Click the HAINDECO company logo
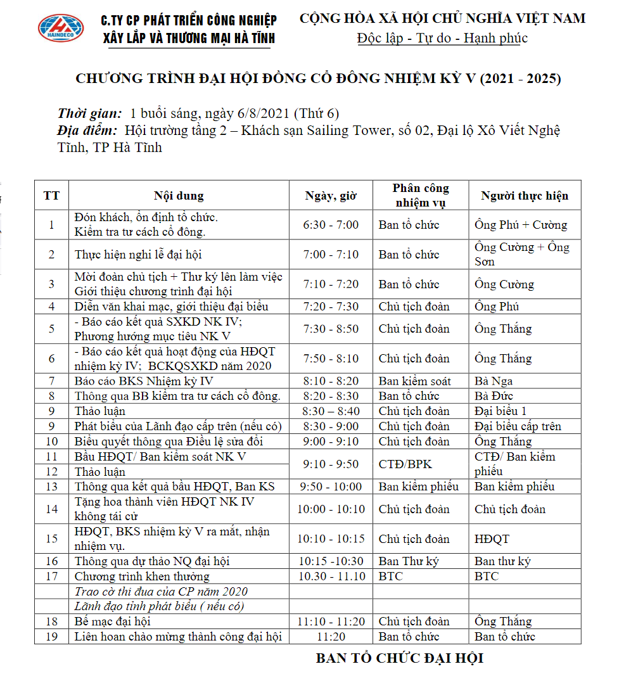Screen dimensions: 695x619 [x=61, y=29]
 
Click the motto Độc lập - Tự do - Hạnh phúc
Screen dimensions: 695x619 [x=442, y=38]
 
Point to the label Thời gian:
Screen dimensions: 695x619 [x=90, y=114]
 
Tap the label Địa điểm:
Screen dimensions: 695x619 [x=87, y=131]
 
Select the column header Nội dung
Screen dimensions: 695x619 [x=179, y=196]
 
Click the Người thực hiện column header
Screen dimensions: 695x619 [x=525, y=196]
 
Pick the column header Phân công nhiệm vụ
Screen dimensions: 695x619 [x=421, y=196]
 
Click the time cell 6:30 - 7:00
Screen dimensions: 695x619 [x=331, y=225]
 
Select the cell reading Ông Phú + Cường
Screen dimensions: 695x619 [x=521, y=225]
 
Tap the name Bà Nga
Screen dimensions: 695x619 [x=494, y=381]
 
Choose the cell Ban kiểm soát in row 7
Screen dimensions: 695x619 [x=415, y=381]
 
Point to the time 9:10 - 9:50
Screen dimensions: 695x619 [x=331, y=464]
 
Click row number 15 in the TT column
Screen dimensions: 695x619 [x=52, y=539]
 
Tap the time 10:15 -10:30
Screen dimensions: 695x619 [x=331, y=561]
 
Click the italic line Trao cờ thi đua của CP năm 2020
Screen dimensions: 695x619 [x=161, y=592]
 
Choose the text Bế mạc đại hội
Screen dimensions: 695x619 [x=113, y=622]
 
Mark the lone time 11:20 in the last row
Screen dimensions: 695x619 [x=331, y=637]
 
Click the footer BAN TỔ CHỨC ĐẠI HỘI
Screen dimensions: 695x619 [x=399, y=658]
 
